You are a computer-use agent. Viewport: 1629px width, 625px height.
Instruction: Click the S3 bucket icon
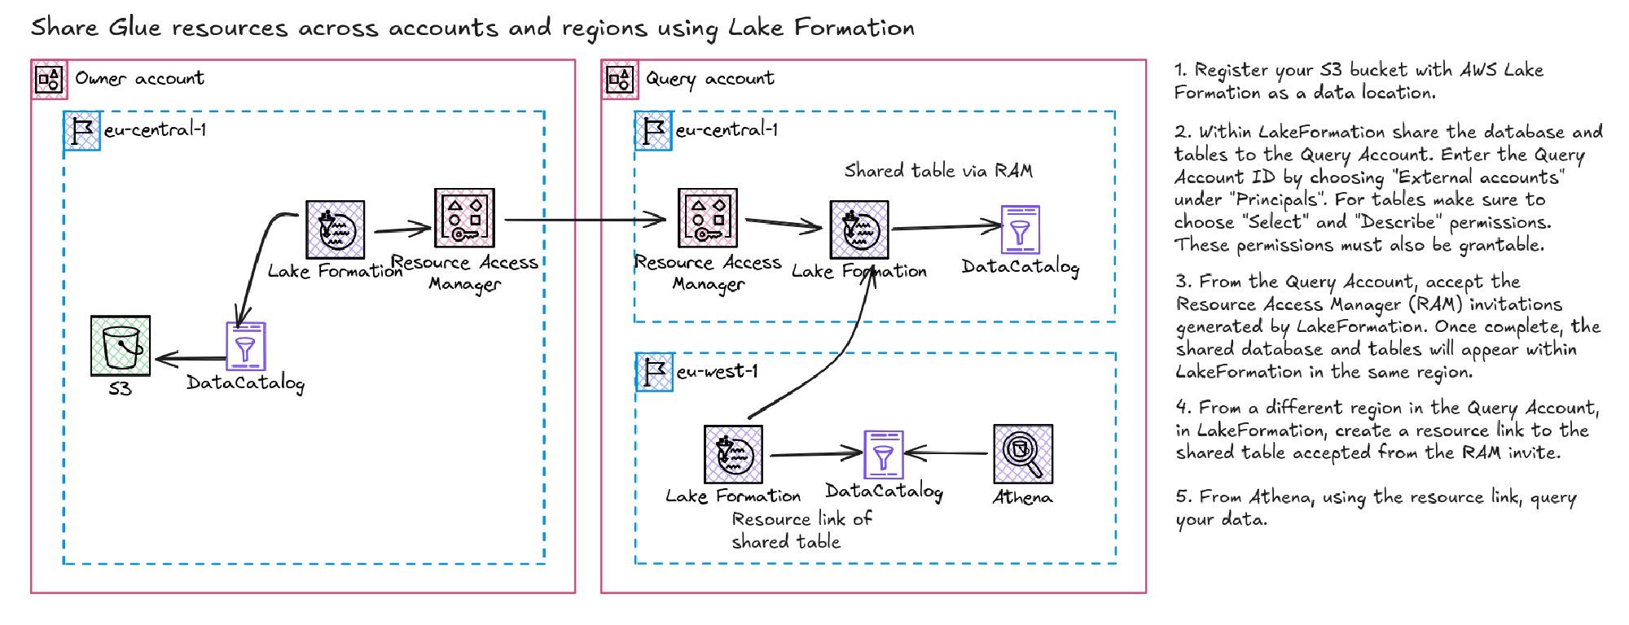point(121,346)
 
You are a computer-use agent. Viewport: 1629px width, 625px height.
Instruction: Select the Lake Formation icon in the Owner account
point(335,229)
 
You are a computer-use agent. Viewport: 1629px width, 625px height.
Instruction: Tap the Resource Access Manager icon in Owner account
point(464,218)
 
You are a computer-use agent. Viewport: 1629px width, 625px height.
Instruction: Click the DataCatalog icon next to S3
point(245,346)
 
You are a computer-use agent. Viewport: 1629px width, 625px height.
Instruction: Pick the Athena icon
point(1023,454)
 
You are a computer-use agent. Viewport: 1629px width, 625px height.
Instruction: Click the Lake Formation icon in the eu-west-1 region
point(733,454)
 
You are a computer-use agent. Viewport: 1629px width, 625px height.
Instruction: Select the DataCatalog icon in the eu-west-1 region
point(883,454)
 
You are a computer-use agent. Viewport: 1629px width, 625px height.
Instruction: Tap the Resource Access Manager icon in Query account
point(708,218)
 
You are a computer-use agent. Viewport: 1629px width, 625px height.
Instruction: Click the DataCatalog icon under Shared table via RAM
point(1020,229)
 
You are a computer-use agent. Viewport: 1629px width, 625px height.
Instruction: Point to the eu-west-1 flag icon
point(654,372)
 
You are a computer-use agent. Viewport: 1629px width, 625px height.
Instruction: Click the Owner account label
point(139,78)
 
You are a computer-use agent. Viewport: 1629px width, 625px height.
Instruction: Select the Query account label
point(709,78)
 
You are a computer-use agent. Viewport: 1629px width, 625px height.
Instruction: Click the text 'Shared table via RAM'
point(938,170)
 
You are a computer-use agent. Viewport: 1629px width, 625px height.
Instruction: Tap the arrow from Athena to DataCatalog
point(947,453)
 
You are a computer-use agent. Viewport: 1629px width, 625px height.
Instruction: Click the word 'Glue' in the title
point(134,28)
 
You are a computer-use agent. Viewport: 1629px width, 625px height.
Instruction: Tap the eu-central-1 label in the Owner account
point(155,129)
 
